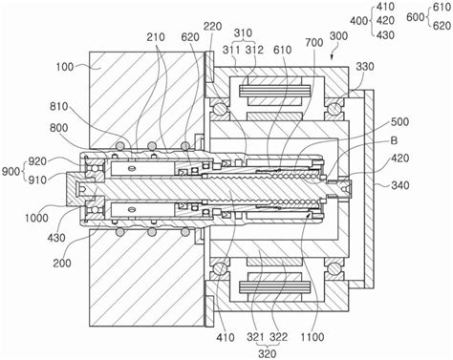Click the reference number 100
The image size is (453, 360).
(65, 67)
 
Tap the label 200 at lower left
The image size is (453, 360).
(62, 264)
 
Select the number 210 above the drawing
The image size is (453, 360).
(156, 37)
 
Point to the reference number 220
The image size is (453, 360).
(212, 26)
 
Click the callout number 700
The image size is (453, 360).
(314, 43)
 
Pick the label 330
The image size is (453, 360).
(365, 67)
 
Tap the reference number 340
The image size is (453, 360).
(400, 185)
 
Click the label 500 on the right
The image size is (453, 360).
(399, 122)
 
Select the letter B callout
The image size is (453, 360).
(394, 140)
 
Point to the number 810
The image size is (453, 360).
(59, 106)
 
